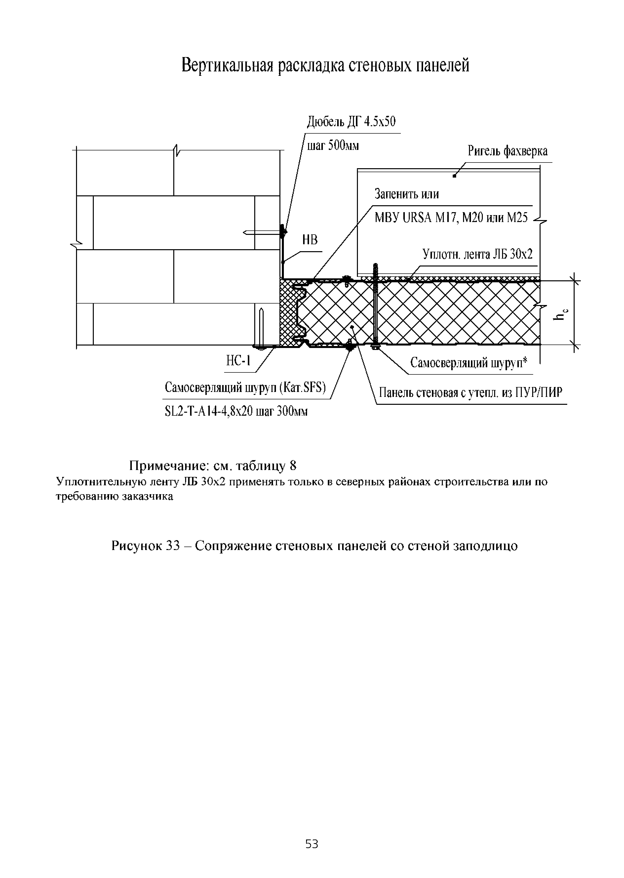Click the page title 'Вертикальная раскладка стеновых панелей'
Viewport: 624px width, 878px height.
[325, 65]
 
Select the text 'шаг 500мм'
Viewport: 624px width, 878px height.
[333, 146]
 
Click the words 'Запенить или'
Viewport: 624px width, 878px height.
[407, 194]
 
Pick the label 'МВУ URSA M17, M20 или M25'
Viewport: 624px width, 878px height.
[451, 218]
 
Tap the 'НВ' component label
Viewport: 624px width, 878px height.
[310, 240]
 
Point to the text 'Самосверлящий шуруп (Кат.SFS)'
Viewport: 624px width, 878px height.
[245, 388]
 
